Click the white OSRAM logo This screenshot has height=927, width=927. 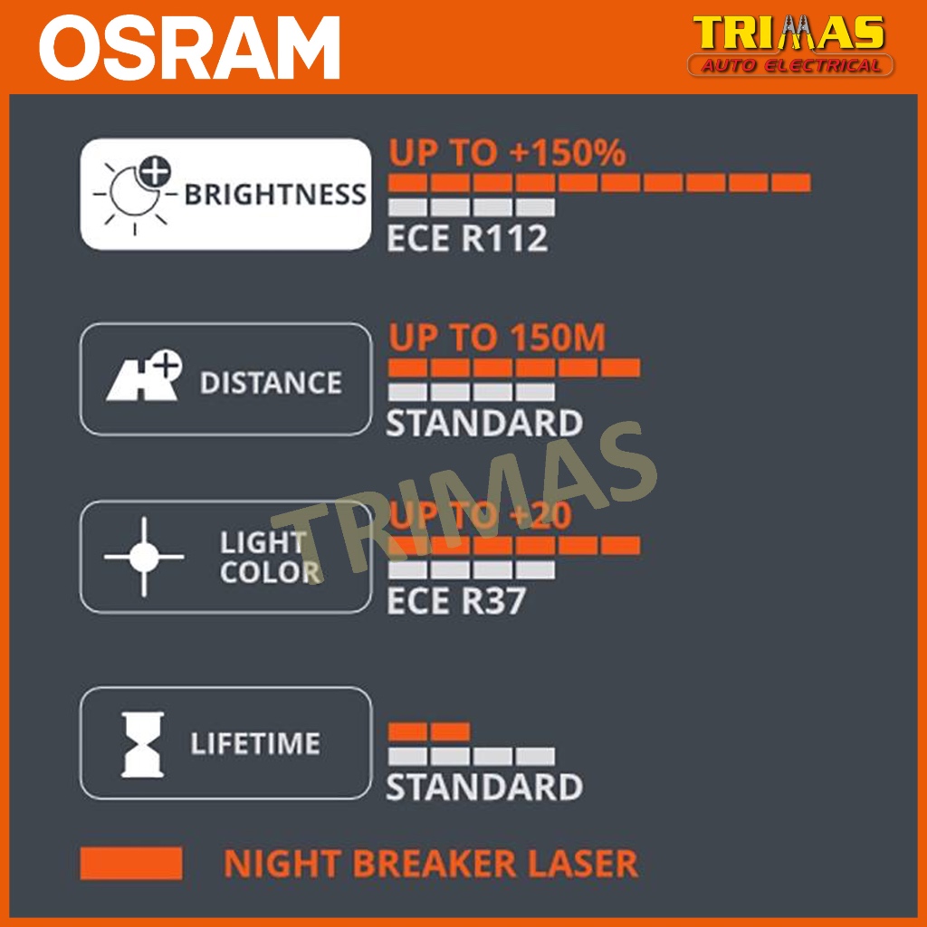coord(189,47)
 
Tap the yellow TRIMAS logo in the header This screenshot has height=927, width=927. coord(789,33)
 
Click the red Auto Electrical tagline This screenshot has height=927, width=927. coord(790,65)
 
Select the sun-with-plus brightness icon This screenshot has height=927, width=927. coord(136,193)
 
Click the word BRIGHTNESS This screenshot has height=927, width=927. coord(275,195)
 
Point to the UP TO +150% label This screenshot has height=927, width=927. coord(507,152)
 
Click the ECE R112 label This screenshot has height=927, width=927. coord(467,238)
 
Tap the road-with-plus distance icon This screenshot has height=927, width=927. coord(144,376)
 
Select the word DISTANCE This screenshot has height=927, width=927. coord(271,383)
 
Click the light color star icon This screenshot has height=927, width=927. coord(144,557)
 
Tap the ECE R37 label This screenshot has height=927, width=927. coord(456,601)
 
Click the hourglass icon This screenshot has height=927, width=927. coord(142,744)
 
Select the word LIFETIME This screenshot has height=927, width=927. coord(254,743)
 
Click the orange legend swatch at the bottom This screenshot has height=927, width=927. coord(131,863)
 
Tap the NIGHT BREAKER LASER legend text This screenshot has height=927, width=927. coord(431,863)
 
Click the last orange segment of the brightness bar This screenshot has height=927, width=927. coord(790,183)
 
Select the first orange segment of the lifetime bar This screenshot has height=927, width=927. coord(407,731)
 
